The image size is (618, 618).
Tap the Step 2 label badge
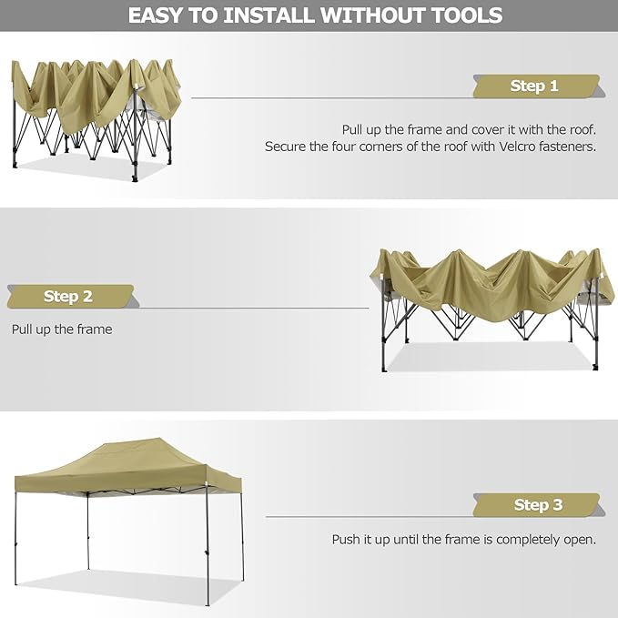coord(68,297)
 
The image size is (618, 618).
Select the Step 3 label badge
coord(538,505)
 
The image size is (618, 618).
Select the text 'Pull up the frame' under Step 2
coord(62,329)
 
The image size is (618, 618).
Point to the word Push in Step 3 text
coord(347,540)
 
